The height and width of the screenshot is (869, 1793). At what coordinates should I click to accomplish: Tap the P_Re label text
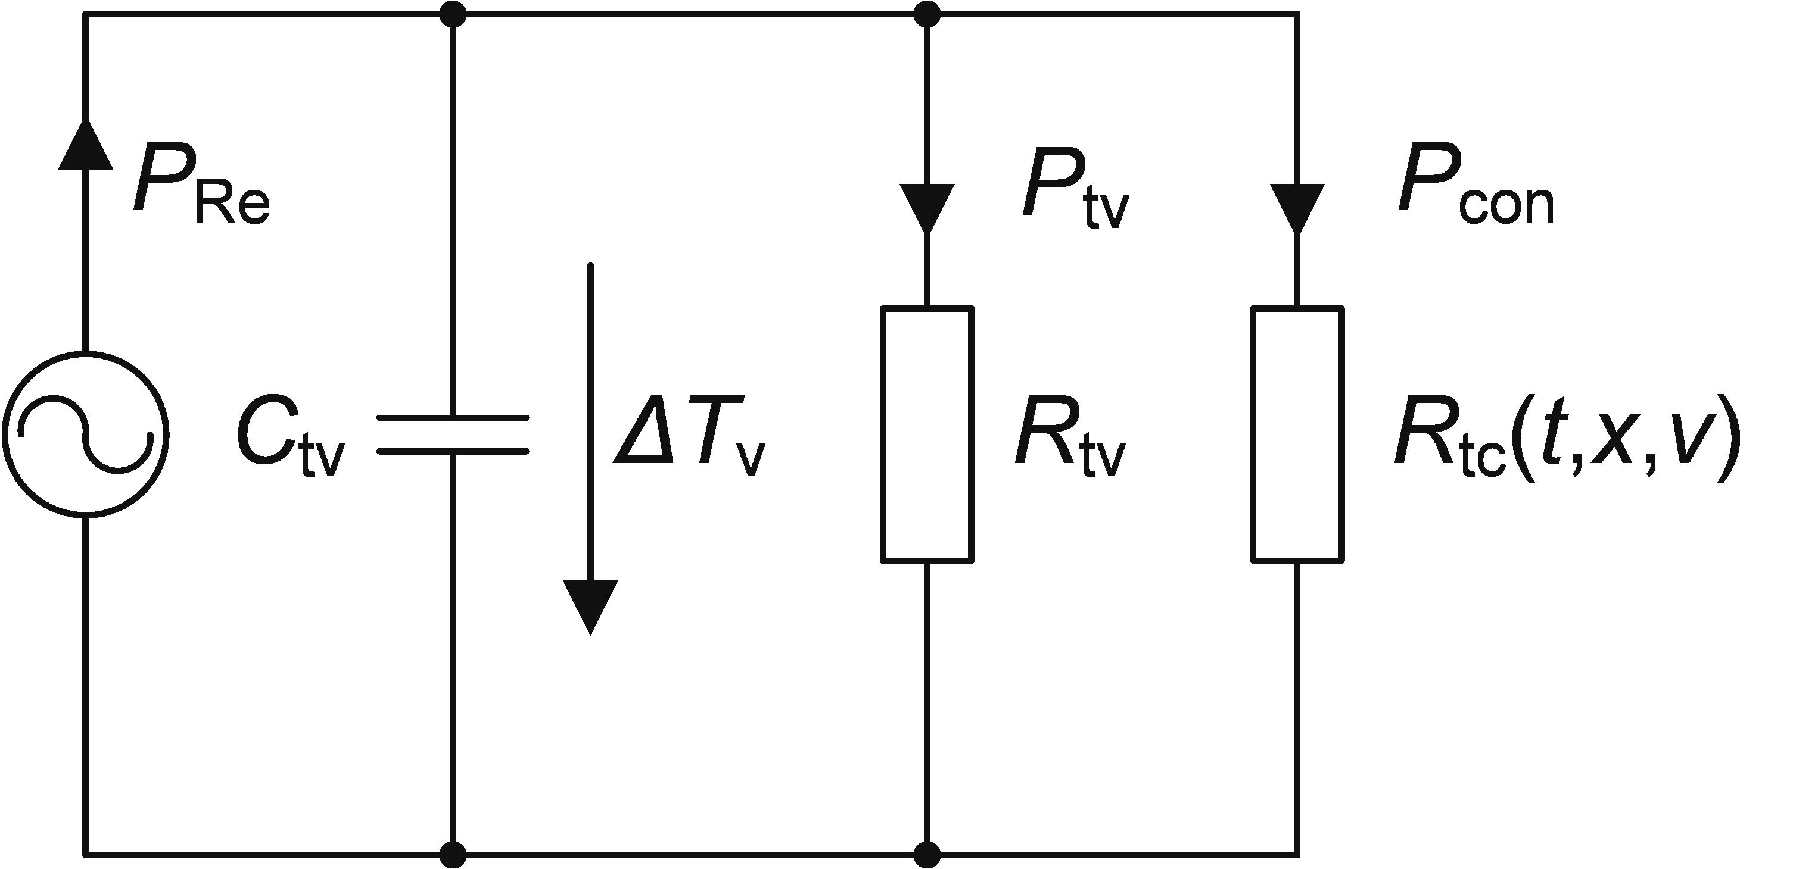pyautogui.click(x=201, y=186)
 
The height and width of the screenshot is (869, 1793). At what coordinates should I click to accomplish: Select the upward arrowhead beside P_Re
pyautogui.click(x=86, y=143)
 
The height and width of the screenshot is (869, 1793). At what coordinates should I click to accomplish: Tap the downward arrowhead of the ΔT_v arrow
pyautogui.click(x=590, y=607)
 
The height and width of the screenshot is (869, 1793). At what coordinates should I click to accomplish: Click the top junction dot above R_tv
pyautogui.click(x=927, y=13)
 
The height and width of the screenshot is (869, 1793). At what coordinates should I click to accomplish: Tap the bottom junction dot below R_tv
pyautogui.click(x=927, y=854)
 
